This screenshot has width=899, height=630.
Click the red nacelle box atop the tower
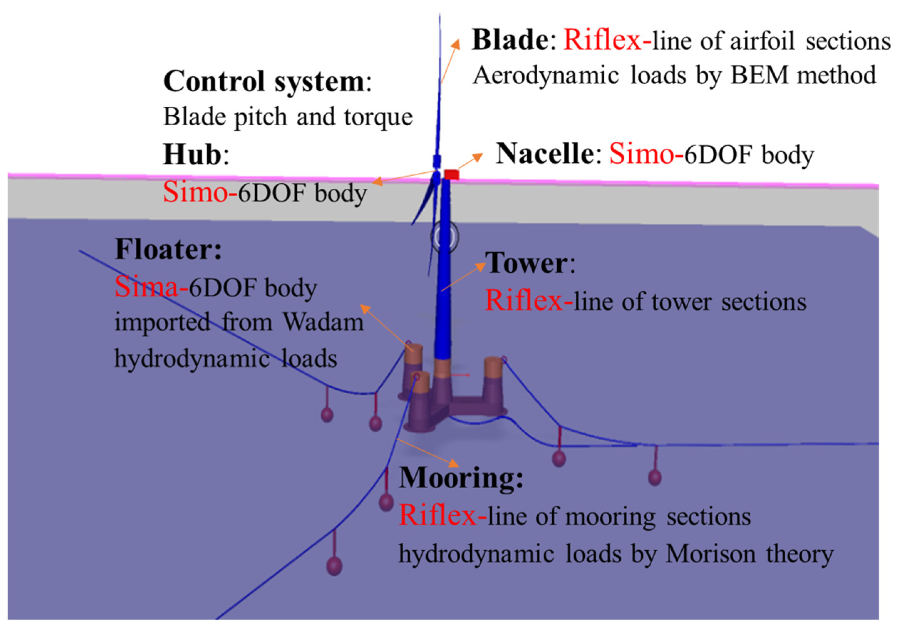click(x=451, y=174)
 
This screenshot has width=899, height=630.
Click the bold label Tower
click(x=526, y=263)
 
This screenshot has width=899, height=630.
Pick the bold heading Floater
click(x=168, y=249)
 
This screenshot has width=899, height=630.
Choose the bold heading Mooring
click(x=460, y=478)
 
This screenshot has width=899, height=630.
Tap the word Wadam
click(x=324, y=322)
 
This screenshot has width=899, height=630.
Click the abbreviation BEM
click(x=759, y=75)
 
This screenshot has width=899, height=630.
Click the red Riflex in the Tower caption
click(x=524, y=301)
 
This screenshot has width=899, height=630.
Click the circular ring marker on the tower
click(x=444, y=237)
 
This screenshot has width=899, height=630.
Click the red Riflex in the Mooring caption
click(x=437, y=515)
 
